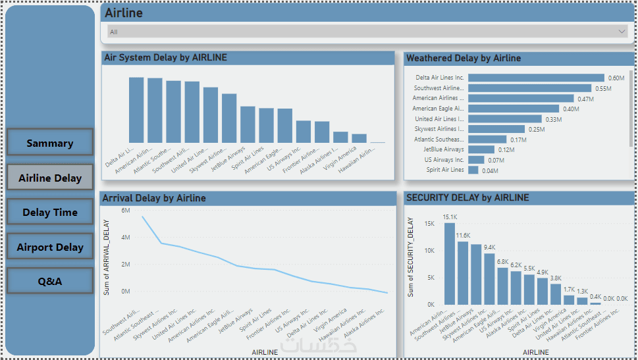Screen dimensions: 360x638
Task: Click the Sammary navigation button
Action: [x=50, y=142]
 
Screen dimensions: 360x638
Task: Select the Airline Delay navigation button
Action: [x=50, y=177]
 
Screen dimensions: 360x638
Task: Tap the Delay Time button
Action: [x=50, y=212]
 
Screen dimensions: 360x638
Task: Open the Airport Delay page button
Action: [x=50, y=247]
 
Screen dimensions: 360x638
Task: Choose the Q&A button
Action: [x=50, y=281]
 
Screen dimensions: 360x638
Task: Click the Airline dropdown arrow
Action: [x=622, y=31]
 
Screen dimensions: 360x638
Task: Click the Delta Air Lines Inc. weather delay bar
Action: [x=536, y=78]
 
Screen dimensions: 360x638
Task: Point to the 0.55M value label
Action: [x=603, y=88]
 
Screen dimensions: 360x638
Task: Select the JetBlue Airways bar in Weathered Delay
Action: [x=481, y=149]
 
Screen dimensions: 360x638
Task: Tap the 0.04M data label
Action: [x=490, y=170]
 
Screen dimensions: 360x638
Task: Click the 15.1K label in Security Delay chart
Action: [x=450, y=217]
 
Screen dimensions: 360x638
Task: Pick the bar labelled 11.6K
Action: [x=463, y=272]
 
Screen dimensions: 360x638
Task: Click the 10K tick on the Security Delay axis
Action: [x=429, y=251]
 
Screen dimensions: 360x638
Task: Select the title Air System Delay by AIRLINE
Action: [x=166, y=58]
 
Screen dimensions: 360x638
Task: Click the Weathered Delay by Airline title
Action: [x=464, y=58]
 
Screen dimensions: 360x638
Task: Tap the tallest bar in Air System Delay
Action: [x=136, y=109]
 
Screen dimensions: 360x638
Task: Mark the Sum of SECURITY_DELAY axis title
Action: [x=412, y=257]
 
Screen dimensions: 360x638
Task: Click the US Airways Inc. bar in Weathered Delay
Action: [x=476, y=160]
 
